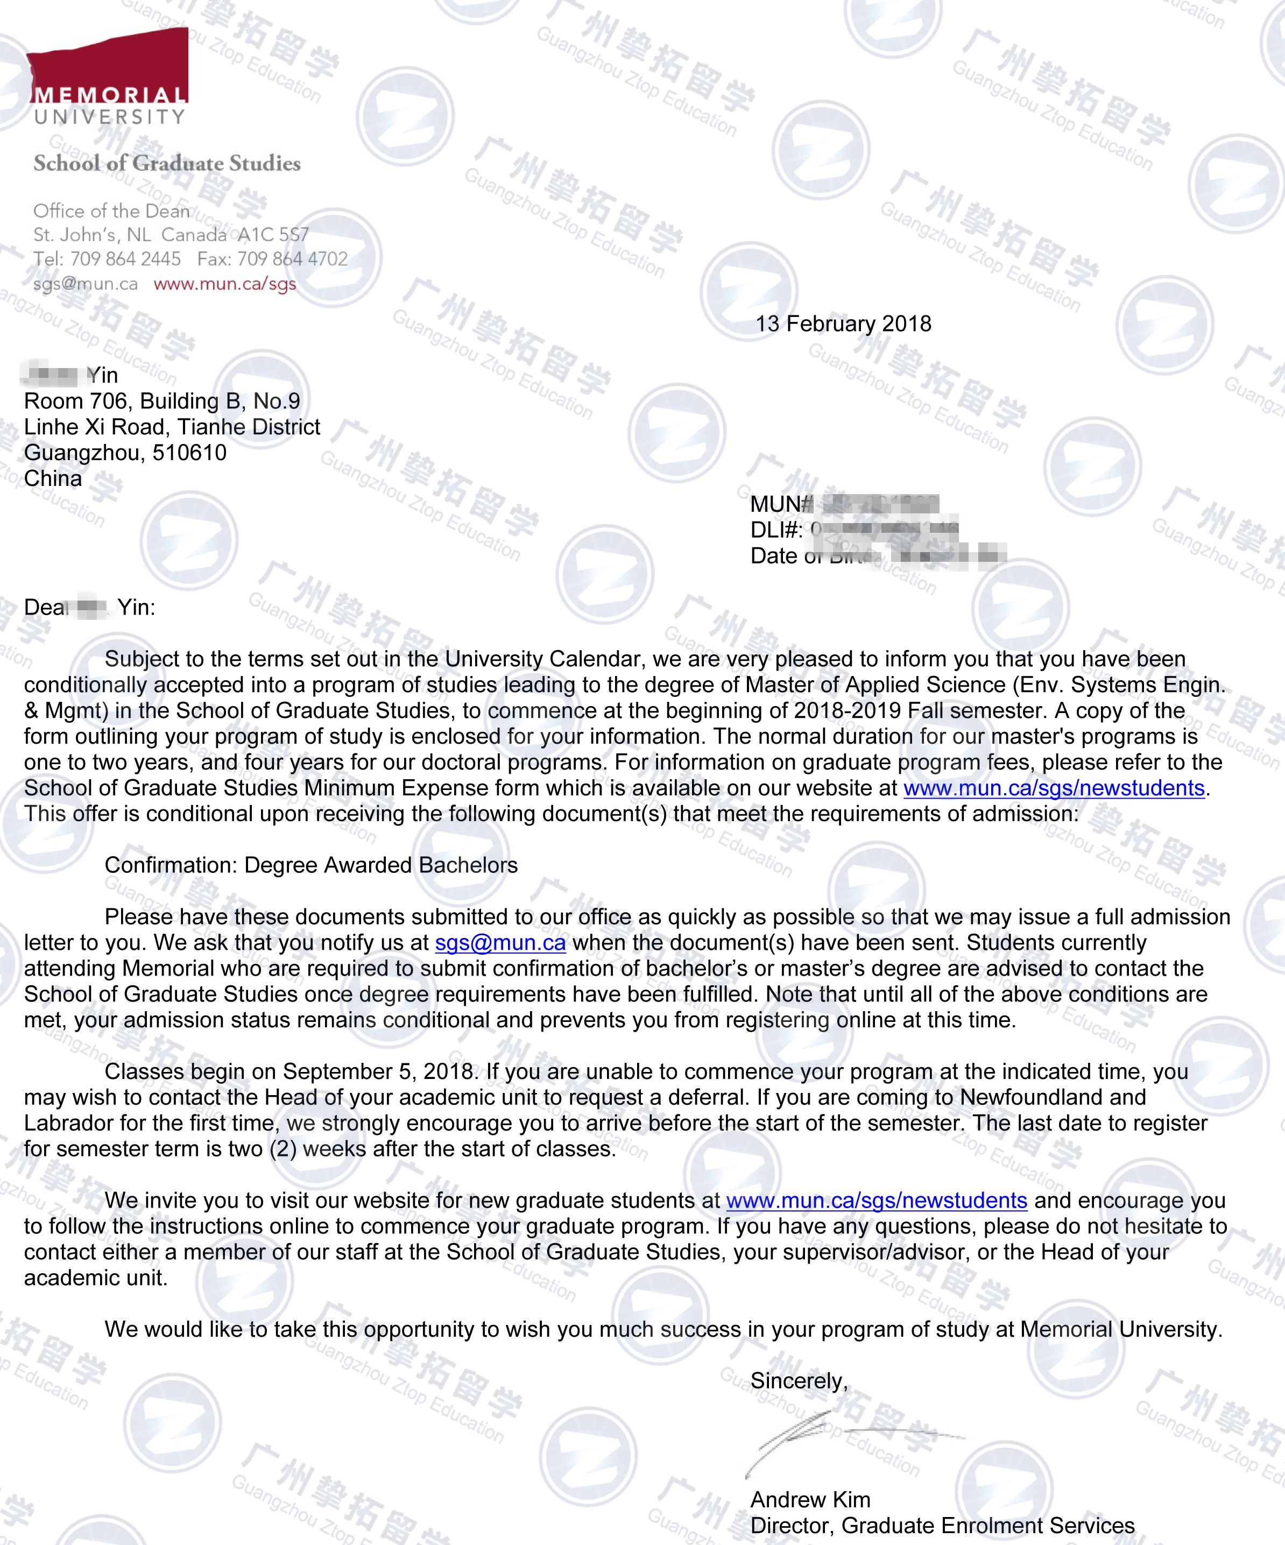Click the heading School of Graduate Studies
167,164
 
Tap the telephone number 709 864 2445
126,259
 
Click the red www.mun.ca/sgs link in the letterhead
224,284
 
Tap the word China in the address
53,478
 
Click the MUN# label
780,504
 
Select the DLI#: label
776,530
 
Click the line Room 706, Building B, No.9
162,401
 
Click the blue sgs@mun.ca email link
500,942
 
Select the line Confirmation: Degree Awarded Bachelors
310,865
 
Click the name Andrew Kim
810,1499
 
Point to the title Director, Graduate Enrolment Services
942,1525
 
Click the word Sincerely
797,1381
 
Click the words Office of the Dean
111,211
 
